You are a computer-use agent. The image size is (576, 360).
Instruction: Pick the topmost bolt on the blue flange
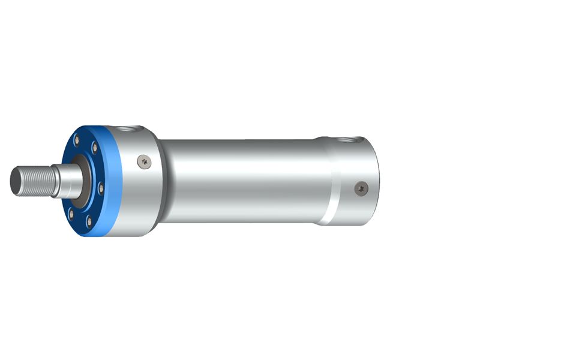[x=76, y=140]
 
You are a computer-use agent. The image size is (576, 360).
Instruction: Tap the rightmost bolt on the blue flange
[x=101, y=188]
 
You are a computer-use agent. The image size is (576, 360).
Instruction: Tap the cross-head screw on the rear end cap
[x=360, y=188]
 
